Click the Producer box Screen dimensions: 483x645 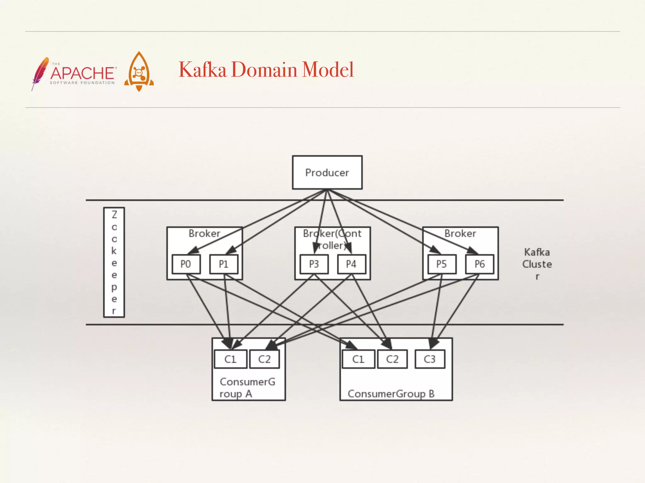pyautogui.click(x=327, y=172)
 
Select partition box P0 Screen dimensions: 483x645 pyautogui.click(x=186, y=264)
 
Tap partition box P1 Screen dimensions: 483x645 pyautogui.click(x=224, y=264)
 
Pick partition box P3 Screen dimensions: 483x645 pyautogui.click(x=314, y=264)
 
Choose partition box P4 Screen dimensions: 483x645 pyautogui.click(x=351, y=264)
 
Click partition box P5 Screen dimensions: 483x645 pyautogui.click(x=442, y=264)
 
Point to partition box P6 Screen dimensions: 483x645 pyautogui.click(x=479, y=264)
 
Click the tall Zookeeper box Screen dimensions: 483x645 pyautogui.click(x=114, y=262)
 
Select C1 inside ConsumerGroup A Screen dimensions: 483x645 pyautogui.click(x=230, y=359)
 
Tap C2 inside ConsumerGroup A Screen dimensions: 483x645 pyautogui.click(x=264, y=359)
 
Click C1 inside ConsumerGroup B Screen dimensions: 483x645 pyautogui.click(x=358, y=359)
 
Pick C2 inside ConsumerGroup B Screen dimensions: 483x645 pyautogui.click(x=392, y=359)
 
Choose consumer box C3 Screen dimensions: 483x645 pyautogui.click(x=430, y=359)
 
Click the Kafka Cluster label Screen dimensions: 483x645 pyautogui.click(x=537, y=264)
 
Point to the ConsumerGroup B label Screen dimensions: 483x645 pyautogui.click(x=391, y=394)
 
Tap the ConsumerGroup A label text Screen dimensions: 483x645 pyautogui.click(x=247, y=387)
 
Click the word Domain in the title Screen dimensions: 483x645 pyautogui.click(x=264, y=69)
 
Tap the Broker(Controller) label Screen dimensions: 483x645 pyautogui.click(x=332, y=239)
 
